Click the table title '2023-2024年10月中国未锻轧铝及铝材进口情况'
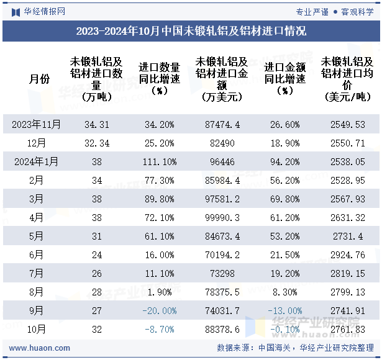pyautogui.click(x=191, y=30)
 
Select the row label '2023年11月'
pyautogui.click(x=37, y=125)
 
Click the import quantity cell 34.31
pyautogui.click(x=96, y=125)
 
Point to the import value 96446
pyautogui.click(x=222, y=161)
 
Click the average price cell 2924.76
pyautogui.click(x=348, y=254)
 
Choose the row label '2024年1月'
pyautogui.click(x=37, y=161)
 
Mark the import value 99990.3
pyautogui.click(x=222, y=217)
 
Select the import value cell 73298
pyautogui.click(x=222, y=273)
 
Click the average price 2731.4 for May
pyautogui.click(x=348, y=236)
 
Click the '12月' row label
pyautogui.click(x=37, y=143)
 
